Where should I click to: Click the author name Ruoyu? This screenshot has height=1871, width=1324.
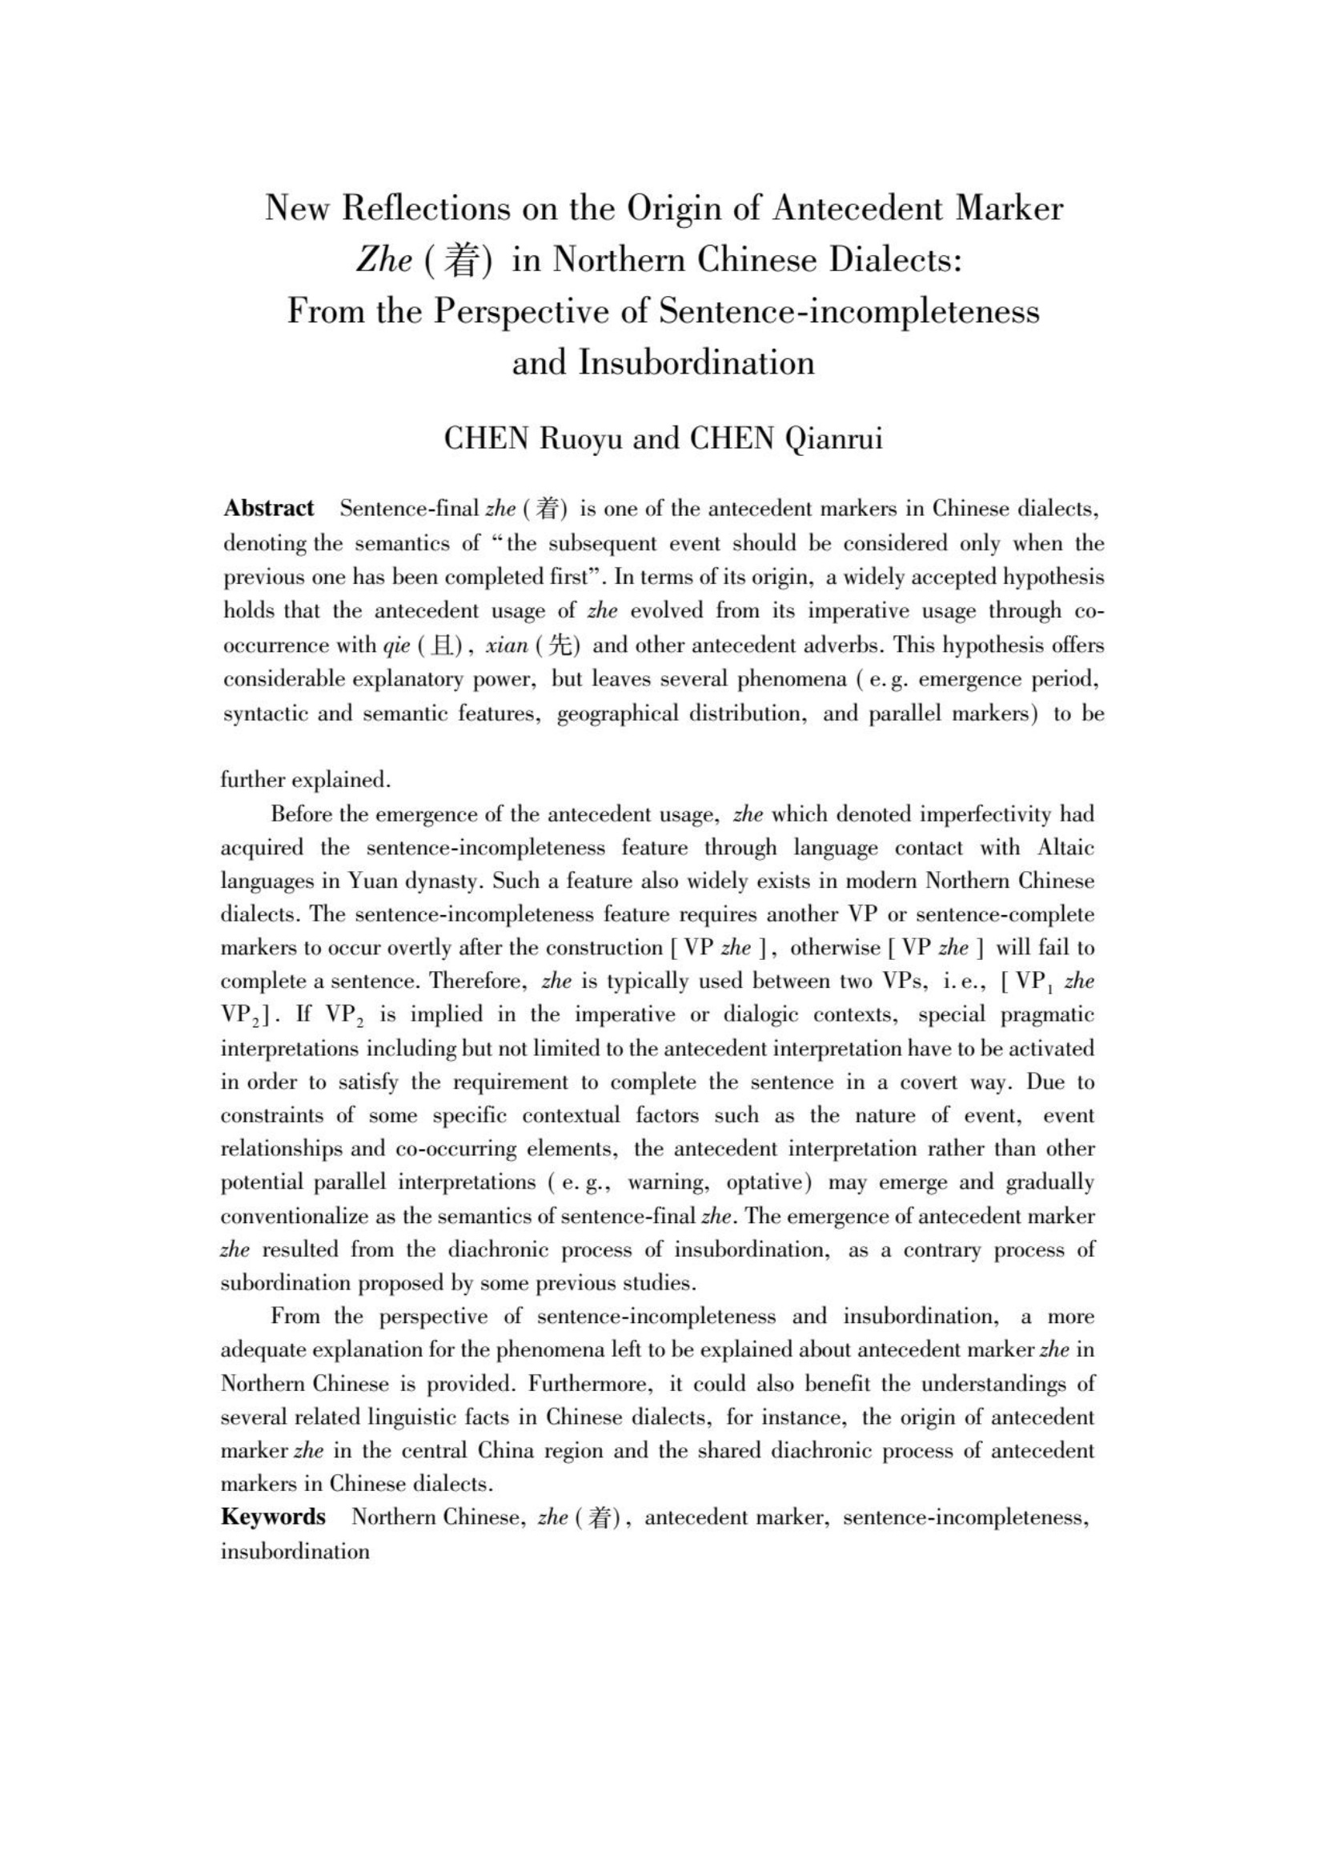pyautogui.click(x=580, y=438)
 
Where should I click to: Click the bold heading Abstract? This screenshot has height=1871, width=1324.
pyautogui.click(x=269, y=509)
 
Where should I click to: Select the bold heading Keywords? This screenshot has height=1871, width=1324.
pyautogui.click(x=273, y=1517)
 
